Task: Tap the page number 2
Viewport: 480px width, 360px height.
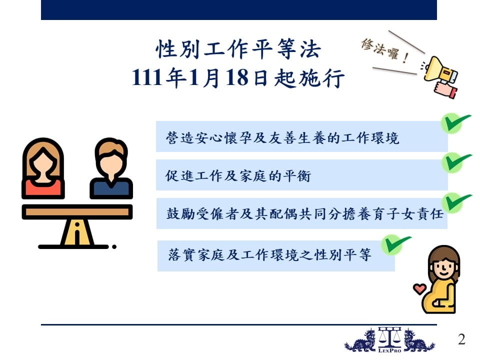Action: pyautogui.click(x=461, y=339)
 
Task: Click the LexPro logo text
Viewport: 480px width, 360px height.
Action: pyautogui.click(x=389, y=350)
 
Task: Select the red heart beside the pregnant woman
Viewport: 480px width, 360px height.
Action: pyautogui.click(x=419, y=288)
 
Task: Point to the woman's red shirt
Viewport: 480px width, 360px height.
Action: pyautogui.click(x=43, y=189)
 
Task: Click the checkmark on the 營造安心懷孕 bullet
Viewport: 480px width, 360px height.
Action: pyautogui.click(x=455, y=122)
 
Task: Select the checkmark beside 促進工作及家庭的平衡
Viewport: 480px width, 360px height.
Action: pyautogui.click(x=456, y=162)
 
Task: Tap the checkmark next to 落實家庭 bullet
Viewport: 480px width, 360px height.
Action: pyautogui.click(x=396, y=244)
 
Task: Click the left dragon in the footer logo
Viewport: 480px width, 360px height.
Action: pyautogui.click(x=360, y=340)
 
